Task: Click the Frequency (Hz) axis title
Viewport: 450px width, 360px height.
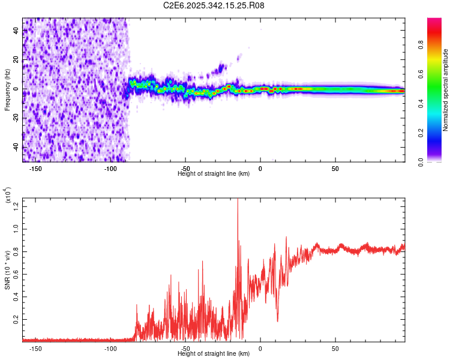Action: [x=7, y=89]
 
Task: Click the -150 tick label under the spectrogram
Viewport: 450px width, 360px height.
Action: [x=35, y=168]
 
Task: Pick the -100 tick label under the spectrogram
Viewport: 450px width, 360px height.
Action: [x=110, y=168]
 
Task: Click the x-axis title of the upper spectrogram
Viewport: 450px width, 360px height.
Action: [x=214, y=174]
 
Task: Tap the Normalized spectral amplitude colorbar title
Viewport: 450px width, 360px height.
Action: [x=446, y=90]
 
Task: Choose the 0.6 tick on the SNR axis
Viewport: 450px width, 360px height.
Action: [x=16, y=275]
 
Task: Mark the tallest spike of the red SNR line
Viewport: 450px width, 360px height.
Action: [x=238, y=200]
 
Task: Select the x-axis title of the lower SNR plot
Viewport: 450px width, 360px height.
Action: [x=214, y=354]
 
